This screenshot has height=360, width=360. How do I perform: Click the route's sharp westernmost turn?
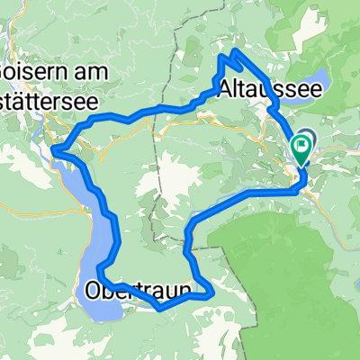(54, 148)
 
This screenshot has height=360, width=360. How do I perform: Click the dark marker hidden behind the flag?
(306, 139)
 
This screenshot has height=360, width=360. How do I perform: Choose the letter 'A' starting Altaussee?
(226, 89)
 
